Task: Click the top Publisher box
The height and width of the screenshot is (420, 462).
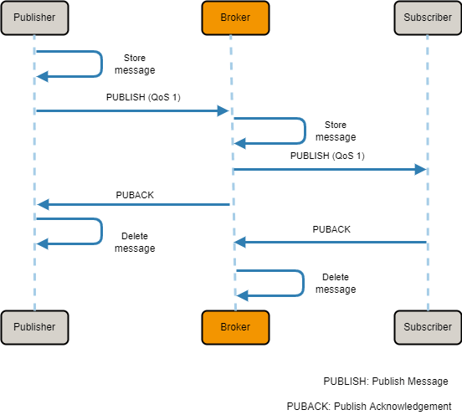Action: coord(34,18)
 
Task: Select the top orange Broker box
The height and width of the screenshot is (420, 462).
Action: coord(231,18)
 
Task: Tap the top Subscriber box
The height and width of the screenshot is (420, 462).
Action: coord(427,18)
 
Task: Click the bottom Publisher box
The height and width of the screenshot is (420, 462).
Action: coord(34,327)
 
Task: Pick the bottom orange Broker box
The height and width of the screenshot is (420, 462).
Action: coord(231,327)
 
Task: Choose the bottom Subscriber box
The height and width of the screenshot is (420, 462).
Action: coord(427,327)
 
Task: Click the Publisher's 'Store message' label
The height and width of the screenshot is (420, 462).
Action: coord(135,64)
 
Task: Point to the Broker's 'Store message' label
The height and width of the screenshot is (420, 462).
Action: coord(335,131)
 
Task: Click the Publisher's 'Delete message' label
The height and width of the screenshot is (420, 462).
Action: coord(135,243)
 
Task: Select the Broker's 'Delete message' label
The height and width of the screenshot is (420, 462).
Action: coord(335,284)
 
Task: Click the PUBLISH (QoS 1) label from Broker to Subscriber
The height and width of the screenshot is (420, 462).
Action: coord(327,156)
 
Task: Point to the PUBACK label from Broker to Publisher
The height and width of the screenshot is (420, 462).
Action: coord(135,195)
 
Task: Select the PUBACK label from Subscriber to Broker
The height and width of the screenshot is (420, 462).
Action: coord(331,228)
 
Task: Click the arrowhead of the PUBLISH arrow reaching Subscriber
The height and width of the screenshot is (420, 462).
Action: coord(421,169)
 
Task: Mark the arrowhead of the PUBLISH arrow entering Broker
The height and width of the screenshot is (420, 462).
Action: coord(223,110)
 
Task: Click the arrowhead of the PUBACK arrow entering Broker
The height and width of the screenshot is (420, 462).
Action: coord(239,242)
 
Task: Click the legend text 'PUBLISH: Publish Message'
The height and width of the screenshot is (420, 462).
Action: coord(386,381)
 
